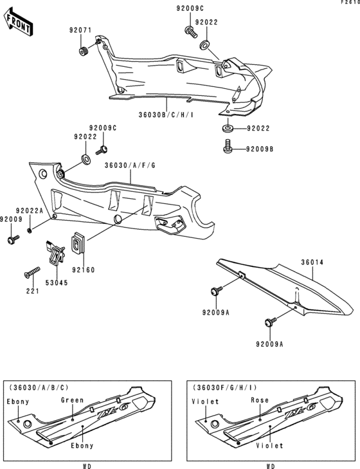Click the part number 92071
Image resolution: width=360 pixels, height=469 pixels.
pyautogui.click(x=82, y=30)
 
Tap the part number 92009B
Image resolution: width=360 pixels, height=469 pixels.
pyautogui.click(x=259, y=150)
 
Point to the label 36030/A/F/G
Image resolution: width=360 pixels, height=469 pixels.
pyautogui.click(x=130, y=166)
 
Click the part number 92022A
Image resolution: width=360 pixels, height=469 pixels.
pyautogui.click(x=29, y=211)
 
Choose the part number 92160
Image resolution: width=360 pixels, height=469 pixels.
pyautogui.click(x=83, y=271)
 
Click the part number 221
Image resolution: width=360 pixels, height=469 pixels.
pyautogui.click(x=32, y=291)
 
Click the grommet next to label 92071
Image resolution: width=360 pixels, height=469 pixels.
pyautogui.click(x=84, y=51)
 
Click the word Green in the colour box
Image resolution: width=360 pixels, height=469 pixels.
pyautogui.click(x=72, y=400)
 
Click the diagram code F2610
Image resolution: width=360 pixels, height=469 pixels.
pyautogui.click(x=350, y=3)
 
